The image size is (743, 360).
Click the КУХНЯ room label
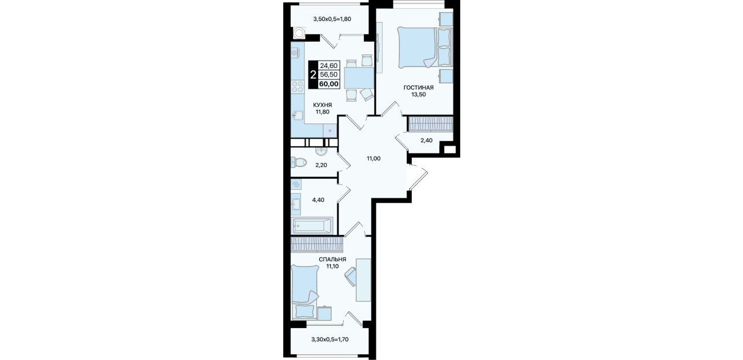[323, 105]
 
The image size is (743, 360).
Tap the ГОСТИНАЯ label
[418, 87]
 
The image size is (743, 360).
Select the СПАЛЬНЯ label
[332, 259]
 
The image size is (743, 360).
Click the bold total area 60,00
[329, 84]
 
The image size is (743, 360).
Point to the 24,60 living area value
[329, 66]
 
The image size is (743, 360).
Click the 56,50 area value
[329, 75]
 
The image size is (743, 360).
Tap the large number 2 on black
[313, 74]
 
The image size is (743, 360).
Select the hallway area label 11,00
[373, 159]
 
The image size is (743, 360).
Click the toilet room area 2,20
[321, 165]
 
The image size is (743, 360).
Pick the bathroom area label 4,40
[318, 200]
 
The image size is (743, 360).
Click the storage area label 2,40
[426, 141]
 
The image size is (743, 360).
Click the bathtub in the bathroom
[312, 226]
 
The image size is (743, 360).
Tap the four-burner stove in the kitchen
[66, 87]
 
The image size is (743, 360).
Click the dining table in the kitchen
[360, 78]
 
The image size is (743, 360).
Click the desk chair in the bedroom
[351, 277]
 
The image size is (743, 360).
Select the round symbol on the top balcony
[67, 33]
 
